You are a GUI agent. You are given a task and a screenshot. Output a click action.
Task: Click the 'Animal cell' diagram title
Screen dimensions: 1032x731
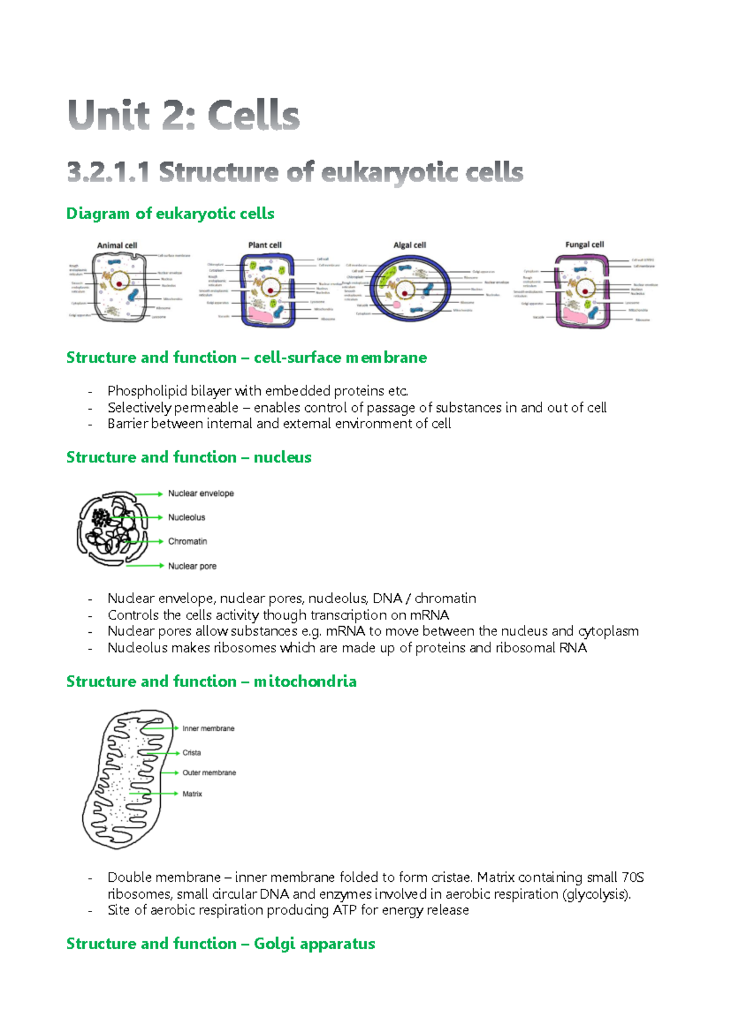117,245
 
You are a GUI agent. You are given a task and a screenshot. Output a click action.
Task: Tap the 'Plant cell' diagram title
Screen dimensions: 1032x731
265,245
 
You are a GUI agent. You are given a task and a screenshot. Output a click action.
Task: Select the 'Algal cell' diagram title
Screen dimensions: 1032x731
409,245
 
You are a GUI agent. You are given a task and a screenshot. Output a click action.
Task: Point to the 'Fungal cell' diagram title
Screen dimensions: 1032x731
584,244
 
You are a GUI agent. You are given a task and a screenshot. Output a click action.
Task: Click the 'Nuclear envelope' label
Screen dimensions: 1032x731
201,493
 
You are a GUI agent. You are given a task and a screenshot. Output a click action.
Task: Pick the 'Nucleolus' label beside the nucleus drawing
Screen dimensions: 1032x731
186,517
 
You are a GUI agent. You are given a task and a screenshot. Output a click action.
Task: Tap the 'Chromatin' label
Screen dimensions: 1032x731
188,541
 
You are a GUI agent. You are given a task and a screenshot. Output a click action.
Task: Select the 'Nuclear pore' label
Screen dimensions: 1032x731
192,566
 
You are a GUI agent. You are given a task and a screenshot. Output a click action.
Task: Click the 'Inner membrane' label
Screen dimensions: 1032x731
208,728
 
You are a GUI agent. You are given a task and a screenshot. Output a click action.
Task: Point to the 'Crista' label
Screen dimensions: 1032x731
191,753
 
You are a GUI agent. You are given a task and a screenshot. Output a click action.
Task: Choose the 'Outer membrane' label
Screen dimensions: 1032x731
209,773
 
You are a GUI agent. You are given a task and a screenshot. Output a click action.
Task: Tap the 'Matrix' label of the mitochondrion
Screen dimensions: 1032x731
192,794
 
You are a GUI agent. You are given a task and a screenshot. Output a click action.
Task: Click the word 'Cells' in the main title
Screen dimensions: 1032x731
253,116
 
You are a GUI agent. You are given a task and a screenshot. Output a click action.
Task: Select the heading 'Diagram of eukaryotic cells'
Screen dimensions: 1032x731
170,214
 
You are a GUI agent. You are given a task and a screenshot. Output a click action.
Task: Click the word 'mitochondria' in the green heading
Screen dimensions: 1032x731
305,682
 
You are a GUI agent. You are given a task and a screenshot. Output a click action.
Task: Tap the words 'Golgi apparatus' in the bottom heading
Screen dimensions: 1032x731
314,944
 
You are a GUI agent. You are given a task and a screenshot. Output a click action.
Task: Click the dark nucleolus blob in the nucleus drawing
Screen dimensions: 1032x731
101,518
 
